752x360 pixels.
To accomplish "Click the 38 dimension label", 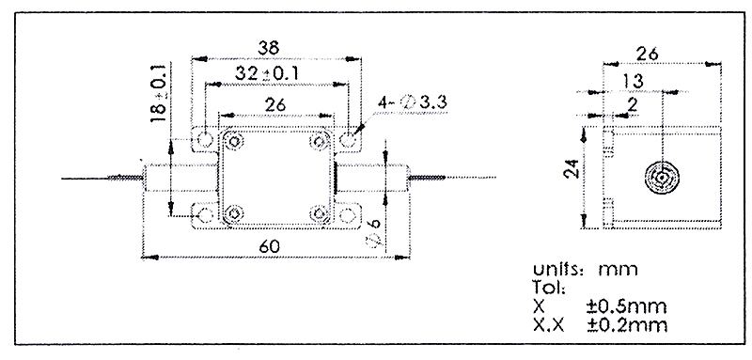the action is (x=269, y=48).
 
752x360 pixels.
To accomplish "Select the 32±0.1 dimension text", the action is (x=267, y=73).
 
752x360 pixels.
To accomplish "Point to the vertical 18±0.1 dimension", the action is (x=159, y=91).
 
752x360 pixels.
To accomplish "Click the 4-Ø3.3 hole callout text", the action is (x=413, y=102).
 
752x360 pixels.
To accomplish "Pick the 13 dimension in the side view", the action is (x=634, y=81).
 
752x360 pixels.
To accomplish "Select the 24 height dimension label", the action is (x=572, y=168).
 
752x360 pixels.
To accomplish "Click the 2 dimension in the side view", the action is (x=633, y=104).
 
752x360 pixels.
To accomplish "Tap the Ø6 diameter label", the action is (x=375, y=234).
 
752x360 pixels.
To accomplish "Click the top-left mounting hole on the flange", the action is (x=205, y=139).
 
